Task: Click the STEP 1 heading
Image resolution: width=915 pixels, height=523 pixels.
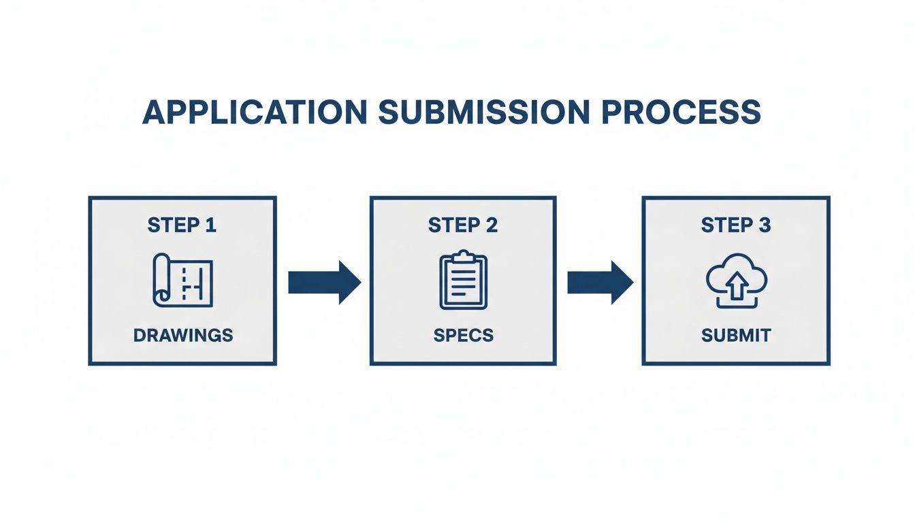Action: (182, 225)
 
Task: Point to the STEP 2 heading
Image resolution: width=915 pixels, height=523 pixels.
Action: (463, 225)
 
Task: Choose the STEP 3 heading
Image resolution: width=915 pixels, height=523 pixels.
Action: (736, 225)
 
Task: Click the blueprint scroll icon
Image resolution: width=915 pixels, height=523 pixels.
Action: (182, 279)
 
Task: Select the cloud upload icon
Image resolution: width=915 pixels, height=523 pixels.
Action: (736, 281)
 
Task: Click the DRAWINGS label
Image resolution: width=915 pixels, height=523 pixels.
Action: (182, 335)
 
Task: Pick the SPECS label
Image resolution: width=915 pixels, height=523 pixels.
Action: (463, 335)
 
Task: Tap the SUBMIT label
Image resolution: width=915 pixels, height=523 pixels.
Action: (736, 335)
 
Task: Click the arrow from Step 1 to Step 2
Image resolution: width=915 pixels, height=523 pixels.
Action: (323, 282)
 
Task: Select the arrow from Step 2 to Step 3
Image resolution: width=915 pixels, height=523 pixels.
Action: (600, 282)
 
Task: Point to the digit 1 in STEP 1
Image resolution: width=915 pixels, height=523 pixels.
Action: (210, 225)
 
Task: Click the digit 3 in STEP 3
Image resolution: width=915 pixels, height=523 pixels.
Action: (765, 225)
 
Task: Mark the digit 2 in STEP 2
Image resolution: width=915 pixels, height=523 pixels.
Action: (492, 225)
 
